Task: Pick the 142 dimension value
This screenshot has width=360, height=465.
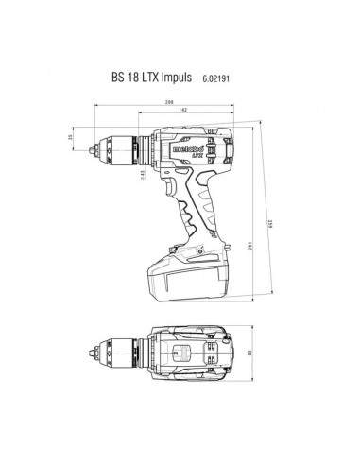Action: tap(181, 111)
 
